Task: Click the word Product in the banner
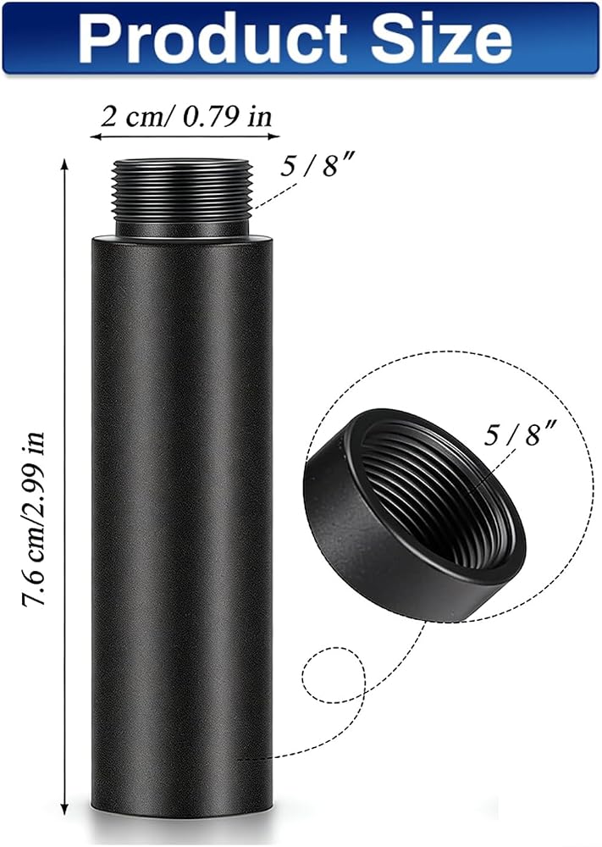point(213,37)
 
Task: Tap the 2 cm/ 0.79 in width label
point(187,117)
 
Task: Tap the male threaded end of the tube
point(181,194)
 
